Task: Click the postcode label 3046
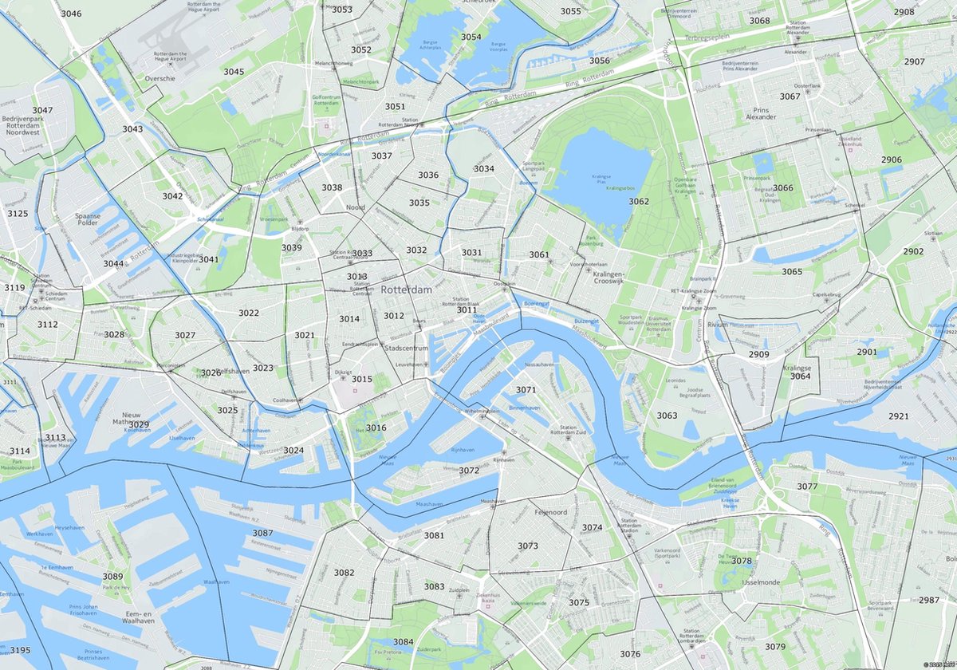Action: pyautogui.click(x=71, y=14)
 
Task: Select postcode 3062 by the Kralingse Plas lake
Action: pyautogui.click(x=639, y=202)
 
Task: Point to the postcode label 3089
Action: pyautogui.click(x=112, y=576)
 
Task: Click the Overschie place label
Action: pyautogui.click(x=159, y=79)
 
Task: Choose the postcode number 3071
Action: pyautogui.click(x=526, y=390)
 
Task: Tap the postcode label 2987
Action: pyautogui.click(x=929, y=600)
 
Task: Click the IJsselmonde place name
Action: pyautogui.click(x=742, y=583)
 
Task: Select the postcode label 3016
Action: pyautogui.click(x=376, y=428)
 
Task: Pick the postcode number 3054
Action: pyautogui.click(x=471, y=37)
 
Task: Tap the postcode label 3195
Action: pyautogui.click(x=20, y=650)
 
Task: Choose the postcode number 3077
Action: pyautogui.click(x=807, y=487)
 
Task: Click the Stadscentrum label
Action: pyautogui.click(x=407, y=349)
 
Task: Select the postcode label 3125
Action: pyautogui.click(x=18, y=214)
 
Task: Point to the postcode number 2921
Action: pyautogui.click(x=898, y=416)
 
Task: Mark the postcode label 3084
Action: pyautogui.click(x=403, y=641)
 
